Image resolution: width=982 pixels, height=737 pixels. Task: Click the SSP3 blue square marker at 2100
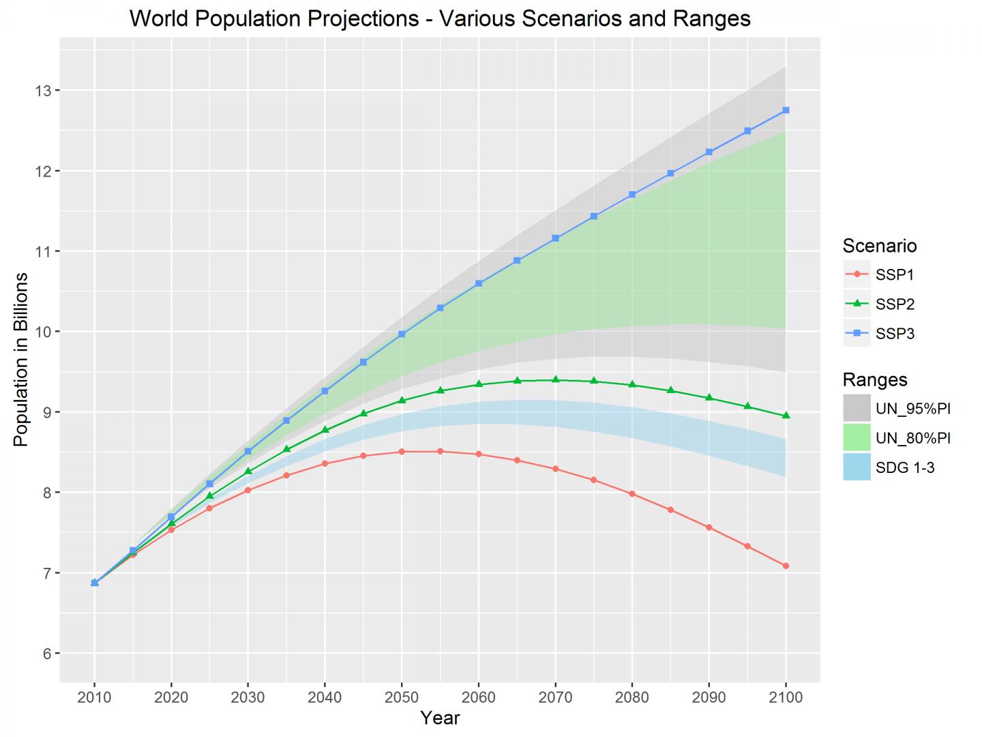point(786,110)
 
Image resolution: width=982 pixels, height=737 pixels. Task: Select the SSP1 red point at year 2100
point(786,566)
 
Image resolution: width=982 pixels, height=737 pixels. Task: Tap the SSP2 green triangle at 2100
point(786,416)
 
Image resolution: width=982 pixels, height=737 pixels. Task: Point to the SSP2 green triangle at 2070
point(555,379)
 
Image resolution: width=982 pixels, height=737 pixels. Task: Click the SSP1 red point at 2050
point(402,452)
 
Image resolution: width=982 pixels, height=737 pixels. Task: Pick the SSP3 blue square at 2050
point(402,334)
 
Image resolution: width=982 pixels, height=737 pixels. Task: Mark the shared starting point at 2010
point(95,583)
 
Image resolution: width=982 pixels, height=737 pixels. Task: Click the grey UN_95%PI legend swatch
point(857,408)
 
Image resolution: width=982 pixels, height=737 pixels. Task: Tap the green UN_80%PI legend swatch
point(857,437)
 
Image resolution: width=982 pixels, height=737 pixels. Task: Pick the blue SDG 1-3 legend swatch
point(857,467)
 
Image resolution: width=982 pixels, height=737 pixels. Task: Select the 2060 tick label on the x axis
point(478,697)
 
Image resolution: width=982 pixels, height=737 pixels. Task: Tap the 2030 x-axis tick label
point(248,697)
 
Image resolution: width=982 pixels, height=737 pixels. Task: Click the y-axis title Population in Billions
point(21,360)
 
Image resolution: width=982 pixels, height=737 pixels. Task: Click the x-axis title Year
point(440,718)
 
